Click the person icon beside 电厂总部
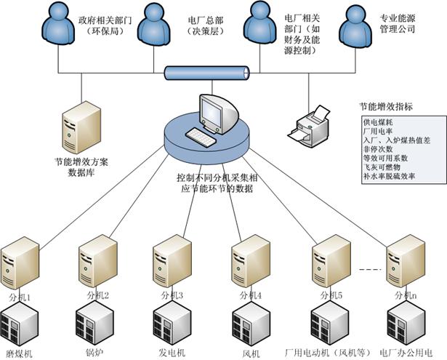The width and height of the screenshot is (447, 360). click(x=154, y=26)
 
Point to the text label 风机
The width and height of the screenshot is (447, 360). click(x=251, y=353)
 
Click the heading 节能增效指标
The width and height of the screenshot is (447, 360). click(x=386, y=106)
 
